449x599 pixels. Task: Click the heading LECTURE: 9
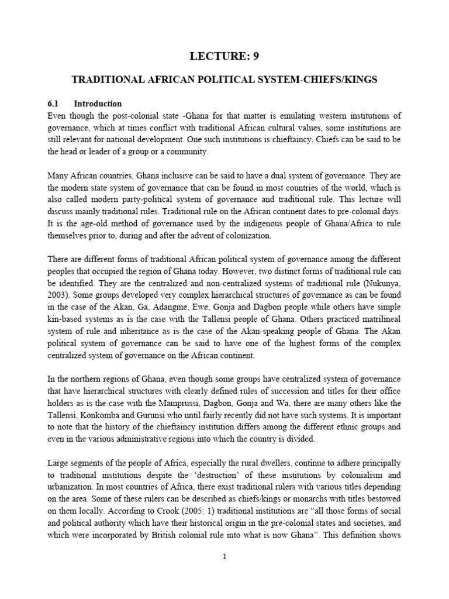[223, 56]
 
